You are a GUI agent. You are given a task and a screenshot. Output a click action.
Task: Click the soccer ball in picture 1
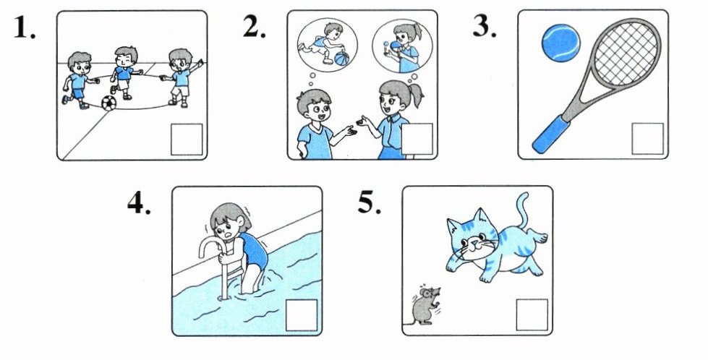108,103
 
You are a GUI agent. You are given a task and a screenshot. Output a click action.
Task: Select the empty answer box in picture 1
187,139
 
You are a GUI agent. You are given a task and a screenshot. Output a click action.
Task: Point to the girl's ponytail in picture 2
417,95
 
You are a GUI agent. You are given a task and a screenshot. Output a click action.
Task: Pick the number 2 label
255,27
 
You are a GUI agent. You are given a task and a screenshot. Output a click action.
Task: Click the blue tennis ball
560,43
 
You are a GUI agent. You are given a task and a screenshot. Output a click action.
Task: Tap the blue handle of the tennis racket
551,134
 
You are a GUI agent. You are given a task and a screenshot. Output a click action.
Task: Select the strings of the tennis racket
626,53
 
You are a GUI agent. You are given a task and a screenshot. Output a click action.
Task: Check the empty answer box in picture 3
647,139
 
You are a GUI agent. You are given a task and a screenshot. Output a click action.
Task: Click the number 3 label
484,27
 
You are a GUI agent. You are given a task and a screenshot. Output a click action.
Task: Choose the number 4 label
139,203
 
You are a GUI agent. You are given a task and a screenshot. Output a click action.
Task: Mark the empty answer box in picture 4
302,315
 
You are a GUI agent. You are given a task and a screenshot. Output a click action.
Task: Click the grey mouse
425,306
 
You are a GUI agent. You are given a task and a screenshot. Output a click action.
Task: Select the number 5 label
370,203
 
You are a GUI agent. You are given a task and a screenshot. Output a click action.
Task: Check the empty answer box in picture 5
532,314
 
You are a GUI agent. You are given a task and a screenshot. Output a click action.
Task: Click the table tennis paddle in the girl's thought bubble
397,46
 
